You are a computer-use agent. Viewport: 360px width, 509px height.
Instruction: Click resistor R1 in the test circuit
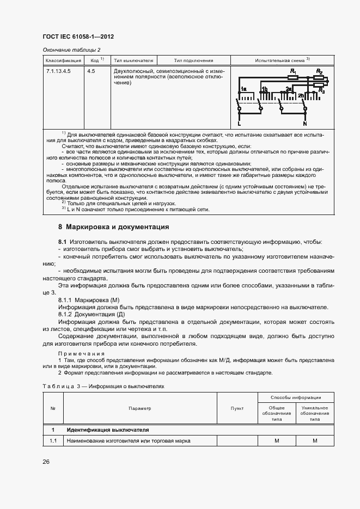[294, 78]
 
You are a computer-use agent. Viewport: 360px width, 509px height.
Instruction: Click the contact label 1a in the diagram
[245, 89]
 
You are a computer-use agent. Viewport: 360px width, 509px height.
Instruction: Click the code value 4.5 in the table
[91, 71]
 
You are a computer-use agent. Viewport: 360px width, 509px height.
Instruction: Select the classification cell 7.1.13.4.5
[58, 71]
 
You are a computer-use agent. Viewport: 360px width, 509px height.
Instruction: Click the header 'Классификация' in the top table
[63, 60]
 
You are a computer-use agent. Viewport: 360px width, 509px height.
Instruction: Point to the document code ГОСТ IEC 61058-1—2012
[78, 37]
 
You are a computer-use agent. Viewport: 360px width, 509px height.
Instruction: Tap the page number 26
[46, 462]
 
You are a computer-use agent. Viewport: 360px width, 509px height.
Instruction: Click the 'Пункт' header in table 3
[237, 408]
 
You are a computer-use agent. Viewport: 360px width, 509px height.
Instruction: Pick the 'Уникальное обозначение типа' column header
[315, 413]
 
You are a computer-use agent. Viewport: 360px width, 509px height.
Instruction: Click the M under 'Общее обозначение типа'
[277, 440]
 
